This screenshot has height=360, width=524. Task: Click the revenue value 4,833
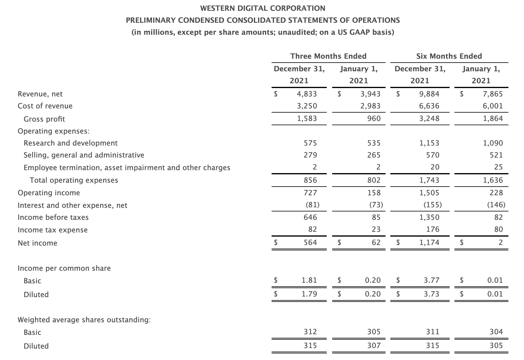tap(307, 94)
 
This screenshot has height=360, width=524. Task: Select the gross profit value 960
tap(374, 119)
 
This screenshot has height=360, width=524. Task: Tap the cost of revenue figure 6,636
tap(429, 106)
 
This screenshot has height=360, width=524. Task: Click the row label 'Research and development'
tap(70, 143)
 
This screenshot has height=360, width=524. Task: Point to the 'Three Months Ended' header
tap(328, 56)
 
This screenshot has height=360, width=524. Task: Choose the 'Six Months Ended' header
tap(449, 56)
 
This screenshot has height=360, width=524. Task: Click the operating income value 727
tap(310, 193)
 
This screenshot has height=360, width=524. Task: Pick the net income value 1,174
tap(429, 242)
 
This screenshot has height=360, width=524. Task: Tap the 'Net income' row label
tap(37, 243)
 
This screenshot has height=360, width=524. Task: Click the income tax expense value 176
tap(433, 229)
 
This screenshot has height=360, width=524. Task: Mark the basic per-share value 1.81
tap(309, 280)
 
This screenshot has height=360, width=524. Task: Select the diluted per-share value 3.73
tap(431, 294)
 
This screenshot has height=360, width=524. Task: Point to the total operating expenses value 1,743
tap(429, 180)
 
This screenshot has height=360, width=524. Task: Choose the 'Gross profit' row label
tap(44, 119)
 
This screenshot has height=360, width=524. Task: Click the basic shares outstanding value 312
tap(310, 332)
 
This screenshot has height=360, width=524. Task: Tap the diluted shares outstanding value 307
tap(374, 346)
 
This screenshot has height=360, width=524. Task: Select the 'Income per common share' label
tap(64, 268)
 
